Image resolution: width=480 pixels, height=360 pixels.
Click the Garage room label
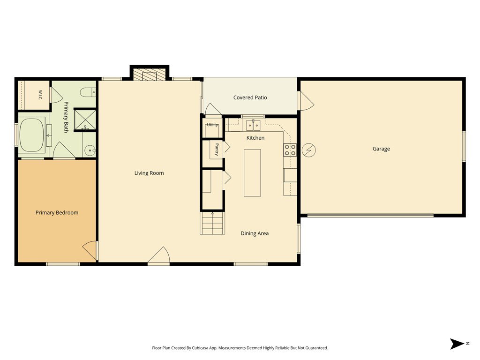[x=381, y=149]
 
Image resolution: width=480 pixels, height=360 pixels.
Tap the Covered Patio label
[x=250, y=97]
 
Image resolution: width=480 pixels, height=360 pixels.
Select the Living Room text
[x=149, y=173]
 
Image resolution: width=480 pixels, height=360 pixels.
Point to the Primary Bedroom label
[x=57, y=212]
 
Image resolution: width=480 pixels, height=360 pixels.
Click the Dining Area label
[x=255, y=233]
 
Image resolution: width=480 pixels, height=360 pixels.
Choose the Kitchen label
[x=255, y=138]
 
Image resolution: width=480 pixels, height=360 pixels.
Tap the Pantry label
[x=217, y=150]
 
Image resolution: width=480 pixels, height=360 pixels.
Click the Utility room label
[x=212, y=125]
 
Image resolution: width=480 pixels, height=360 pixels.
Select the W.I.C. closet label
[x=40, y=95]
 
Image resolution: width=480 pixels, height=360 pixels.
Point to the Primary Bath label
[x=66, y=117]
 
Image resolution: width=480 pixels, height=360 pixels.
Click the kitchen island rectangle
[x=252, y=172]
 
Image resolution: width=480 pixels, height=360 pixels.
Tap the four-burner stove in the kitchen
[x=290, y=150]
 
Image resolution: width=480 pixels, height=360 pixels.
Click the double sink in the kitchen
[x=253, y=125]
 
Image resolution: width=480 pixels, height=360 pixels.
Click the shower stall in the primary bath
[x=85, y=119]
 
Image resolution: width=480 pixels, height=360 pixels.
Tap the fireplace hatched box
[x=150, y=75]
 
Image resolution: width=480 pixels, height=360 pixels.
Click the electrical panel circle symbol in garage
[x=308, y=150]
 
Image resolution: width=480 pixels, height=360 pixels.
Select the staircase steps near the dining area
[x=212, y=223]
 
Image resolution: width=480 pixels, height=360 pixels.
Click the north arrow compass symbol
[x=457, y=344]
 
